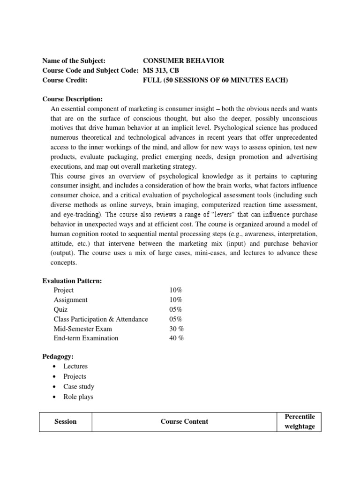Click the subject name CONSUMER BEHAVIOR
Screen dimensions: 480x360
click(x=177, y=60)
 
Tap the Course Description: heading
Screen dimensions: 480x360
click(x=72, y=99)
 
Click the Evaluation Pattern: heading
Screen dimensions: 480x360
click(x=72, y=280)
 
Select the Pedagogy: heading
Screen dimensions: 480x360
click(x=59, y=356)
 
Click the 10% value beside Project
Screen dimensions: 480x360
click(x=176, y=290)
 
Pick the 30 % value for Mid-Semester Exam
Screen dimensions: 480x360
click(x=177, y=329)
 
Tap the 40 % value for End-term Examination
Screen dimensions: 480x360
click(x=177, y=338)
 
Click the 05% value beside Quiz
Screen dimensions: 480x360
click(x=176, y=309)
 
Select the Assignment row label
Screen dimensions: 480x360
click(x=70, y=300)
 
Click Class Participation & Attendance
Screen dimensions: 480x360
click(x=101, y=319)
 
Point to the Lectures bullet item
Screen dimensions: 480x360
click(x=75, y=366)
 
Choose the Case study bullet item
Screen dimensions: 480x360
click(x=79, y=386)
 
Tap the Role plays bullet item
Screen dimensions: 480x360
click(x=78, y=397)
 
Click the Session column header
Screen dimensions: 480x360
click(x=66, y=421)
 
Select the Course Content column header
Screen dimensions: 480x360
click(x=184, y=421)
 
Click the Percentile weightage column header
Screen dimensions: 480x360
click(x=300, y=421)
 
